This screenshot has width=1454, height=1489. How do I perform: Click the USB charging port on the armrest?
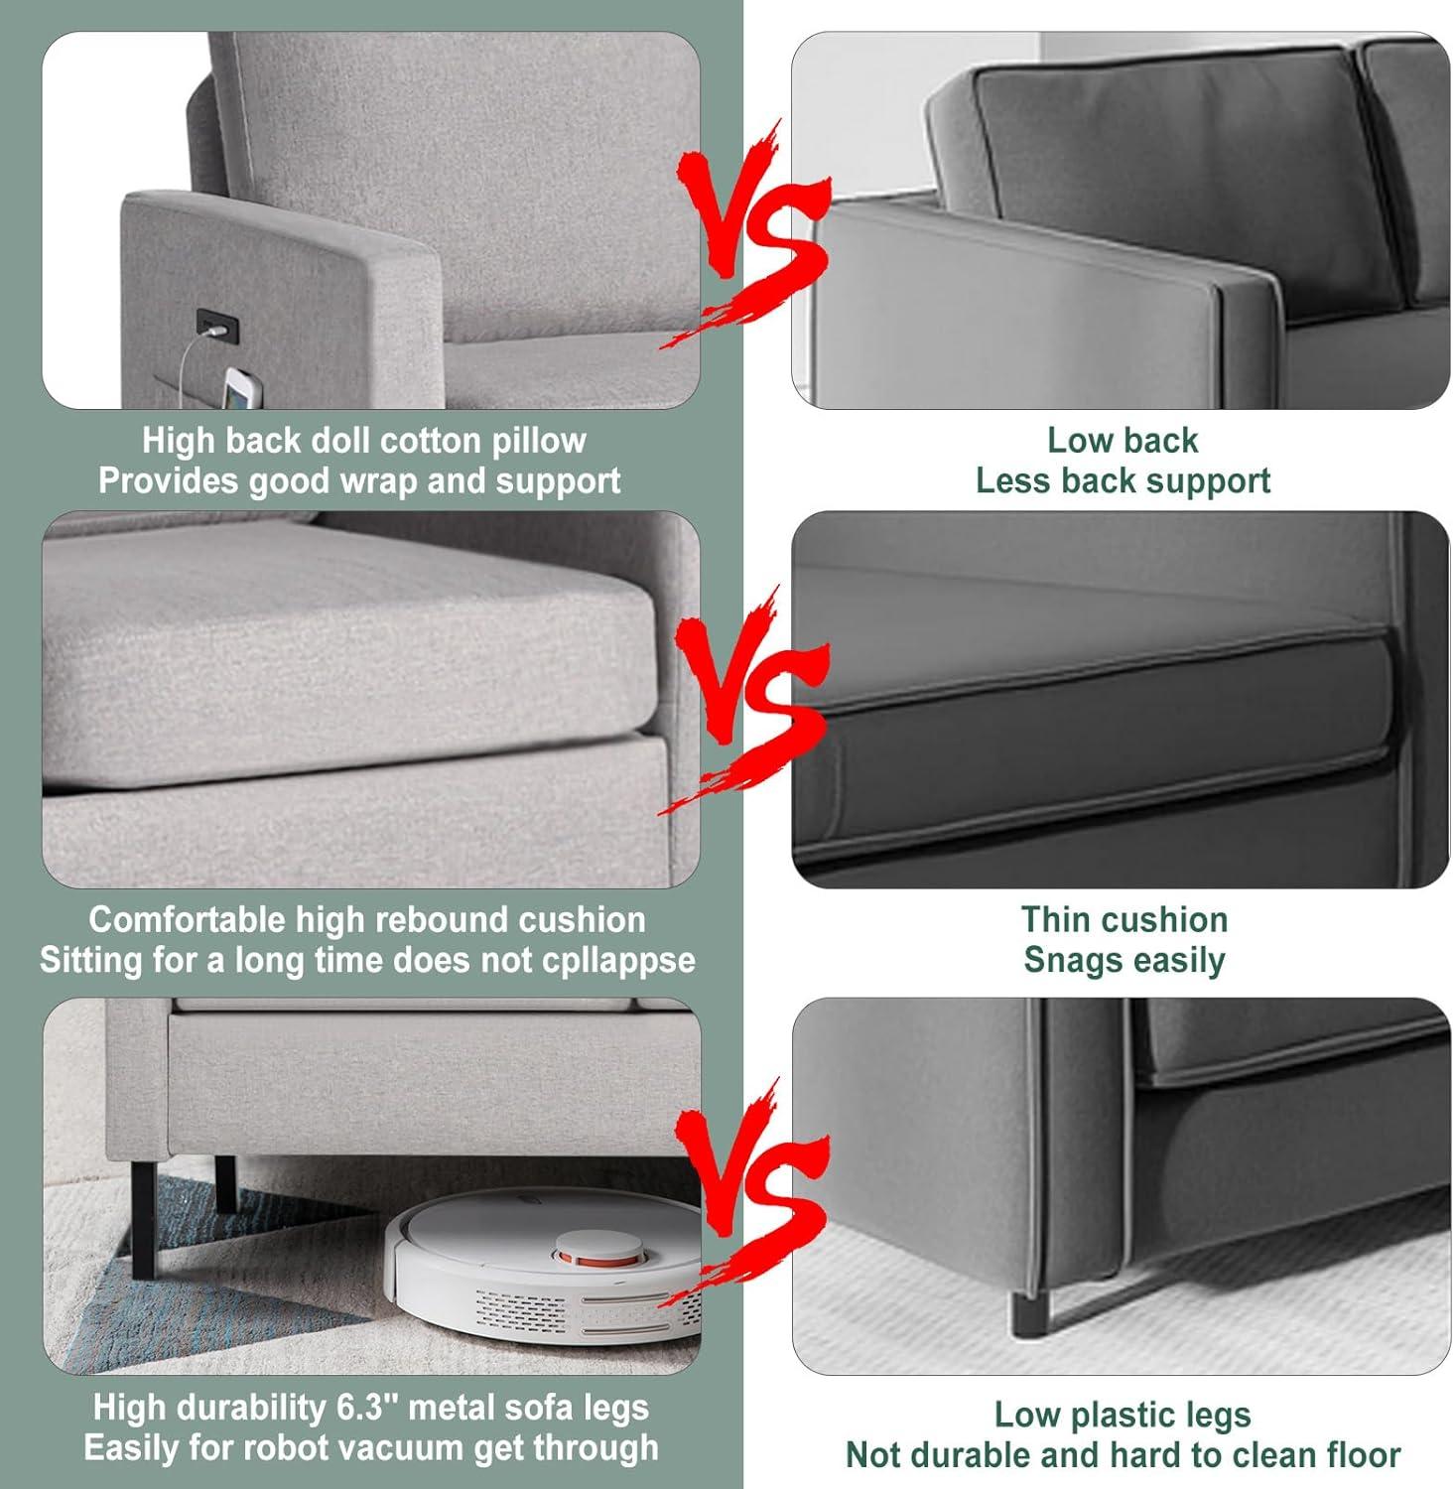click(217, 324)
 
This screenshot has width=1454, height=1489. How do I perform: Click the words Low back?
click(1123, 440)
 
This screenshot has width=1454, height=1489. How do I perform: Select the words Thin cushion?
click(1124, 920)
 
